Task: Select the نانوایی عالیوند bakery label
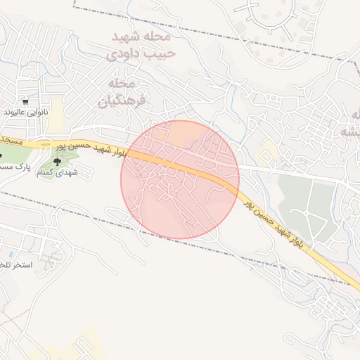[24, 112]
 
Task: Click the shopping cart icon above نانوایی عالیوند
[25, 101]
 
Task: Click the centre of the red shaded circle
[180, 179]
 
